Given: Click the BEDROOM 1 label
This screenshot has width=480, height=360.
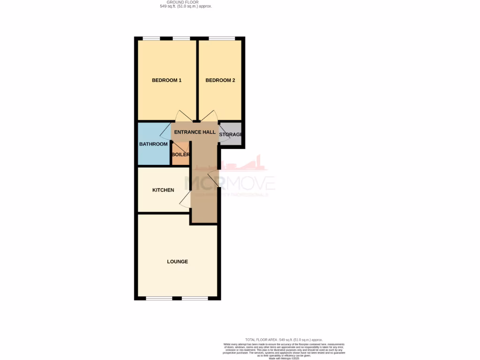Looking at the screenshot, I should click(166, 80).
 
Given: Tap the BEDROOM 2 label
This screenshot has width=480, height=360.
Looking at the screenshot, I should click(220, 80).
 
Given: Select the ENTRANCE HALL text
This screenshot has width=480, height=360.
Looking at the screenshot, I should click(195, 132).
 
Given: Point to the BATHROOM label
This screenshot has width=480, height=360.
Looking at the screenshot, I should click(153, 144).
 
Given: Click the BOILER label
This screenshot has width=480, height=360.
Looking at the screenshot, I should click(180, 154).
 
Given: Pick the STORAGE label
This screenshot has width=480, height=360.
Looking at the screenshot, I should click(231, 135).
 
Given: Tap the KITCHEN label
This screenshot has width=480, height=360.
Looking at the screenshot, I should click(163, 190).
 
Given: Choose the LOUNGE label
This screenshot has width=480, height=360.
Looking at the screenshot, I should click(178, 261).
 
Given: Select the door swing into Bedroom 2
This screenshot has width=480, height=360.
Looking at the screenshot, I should click(210, 116).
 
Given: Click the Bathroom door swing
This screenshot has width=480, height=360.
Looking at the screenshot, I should click(166, 131).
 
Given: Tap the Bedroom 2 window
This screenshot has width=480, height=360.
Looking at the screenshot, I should click(222, 38).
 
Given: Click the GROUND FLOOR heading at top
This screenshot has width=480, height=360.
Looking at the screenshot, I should click(187, 2).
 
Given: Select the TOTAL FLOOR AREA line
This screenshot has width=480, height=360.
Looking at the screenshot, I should click(284, 339).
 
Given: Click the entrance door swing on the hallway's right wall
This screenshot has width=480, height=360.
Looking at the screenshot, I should click(212, 178).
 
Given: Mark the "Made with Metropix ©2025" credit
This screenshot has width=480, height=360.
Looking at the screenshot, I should click(284, 358).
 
